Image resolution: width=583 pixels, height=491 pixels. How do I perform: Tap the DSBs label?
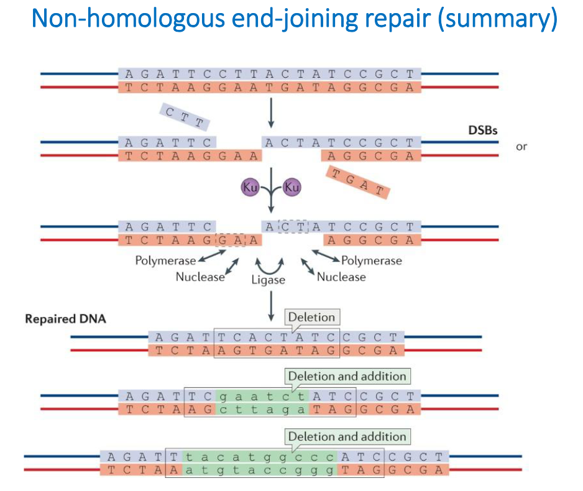click(x=484, y=132)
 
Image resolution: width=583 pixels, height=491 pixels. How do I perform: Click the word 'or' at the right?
click(x=521, y=147)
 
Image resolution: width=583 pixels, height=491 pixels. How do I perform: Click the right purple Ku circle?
click(x=291, y=186)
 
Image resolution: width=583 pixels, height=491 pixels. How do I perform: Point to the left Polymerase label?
click(x=165, y=260)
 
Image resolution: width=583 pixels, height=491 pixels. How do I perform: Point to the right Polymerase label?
click(x=371, y=260)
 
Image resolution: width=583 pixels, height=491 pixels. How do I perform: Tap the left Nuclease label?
click(x=200, y=277)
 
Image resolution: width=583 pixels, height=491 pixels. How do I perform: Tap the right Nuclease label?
click(x=341, y=277)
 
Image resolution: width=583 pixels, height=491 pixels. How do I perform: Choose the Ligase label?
click(x=269, y=280)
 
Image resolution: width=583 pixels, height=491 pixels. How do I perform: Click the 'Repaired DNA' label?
click(x=66, y=319)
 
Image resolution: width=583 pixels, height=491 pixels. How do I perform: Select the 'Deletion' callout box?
click(x=311, y=317)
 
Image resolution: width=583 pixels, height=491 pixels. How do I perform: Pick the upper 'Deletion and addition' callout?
click(x=347, y=376)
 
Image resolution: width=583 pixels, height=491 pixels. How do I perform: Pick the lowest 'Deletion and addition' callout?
click(x=347, y=436)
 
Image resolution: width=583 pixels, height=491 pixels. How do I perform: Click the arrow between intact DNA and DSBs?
click(x=271, y=114)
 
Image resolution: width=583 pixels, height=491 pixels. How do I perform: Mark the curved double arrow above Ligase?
click(x=270, y=265)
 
